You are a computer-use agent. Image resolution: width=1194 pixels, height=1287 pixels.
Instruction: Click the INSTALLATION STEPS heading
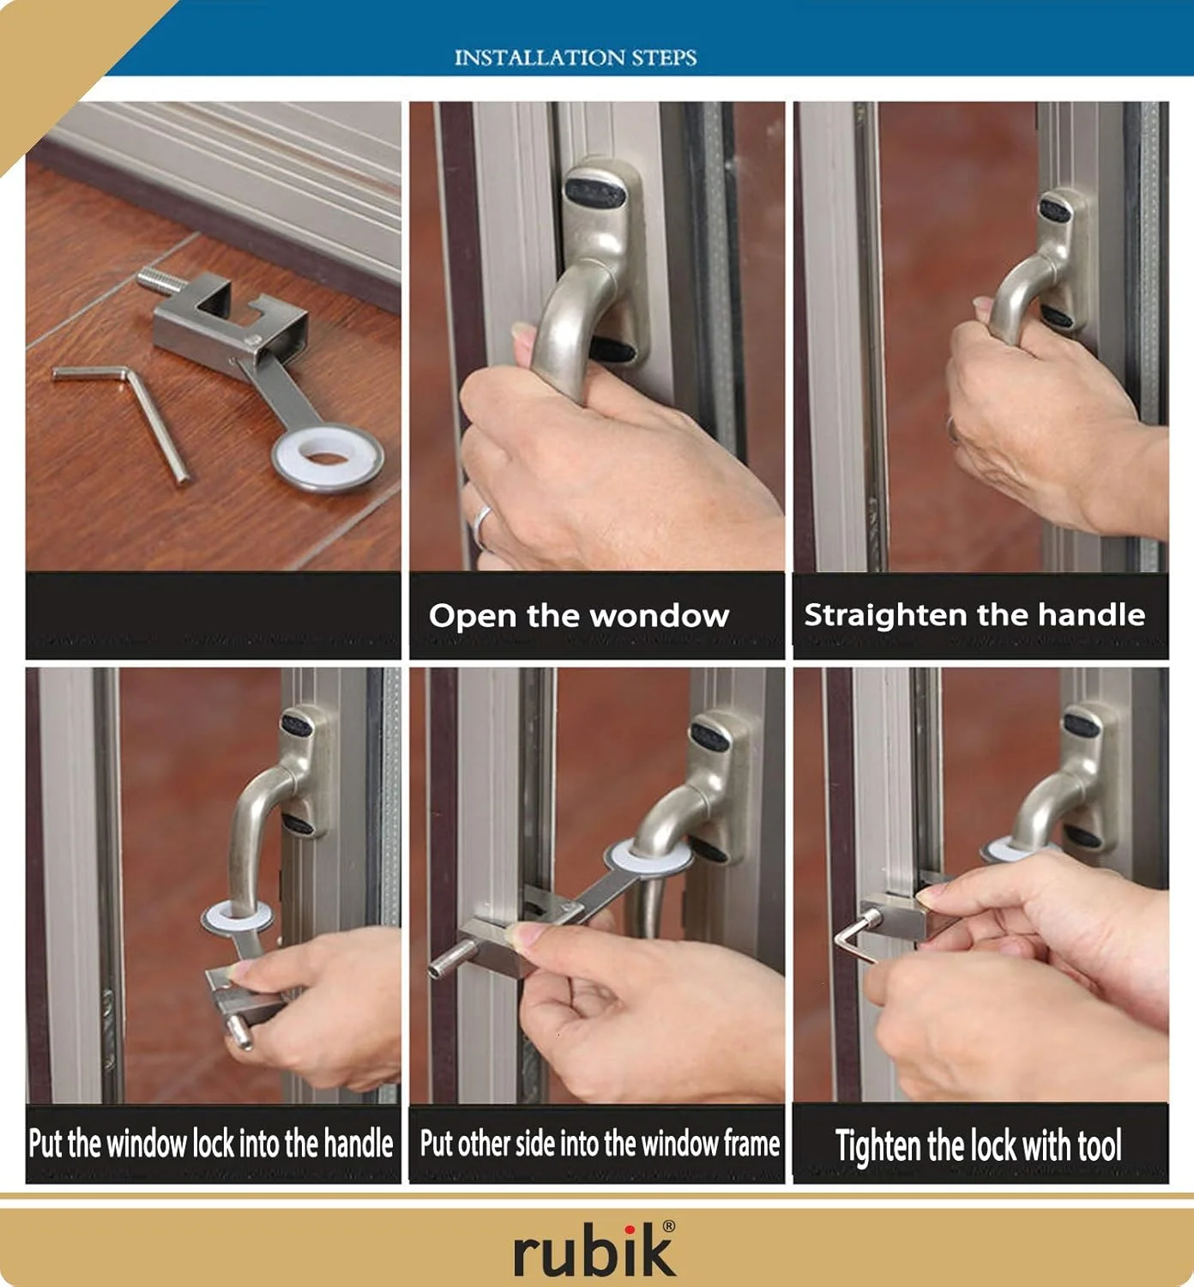pos(576,57)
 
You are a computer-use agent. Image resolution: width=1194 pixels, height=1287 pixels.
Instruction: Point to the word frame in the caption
pos(751,1143)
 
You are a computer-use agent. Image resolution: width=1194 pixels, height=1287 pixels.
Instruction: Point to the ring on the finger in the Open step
pos(482,526)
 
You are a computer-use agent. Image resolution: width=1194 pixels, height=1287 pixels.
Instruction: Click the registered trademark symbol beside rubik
pos(668,1226)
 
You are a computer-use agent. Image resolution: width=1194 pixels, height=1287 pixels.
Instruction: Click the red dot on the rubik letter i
pos(630,1230)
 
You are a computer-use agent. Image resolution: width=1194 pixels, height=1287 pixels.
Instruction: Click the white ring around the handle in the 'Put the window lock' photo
pos(236,916)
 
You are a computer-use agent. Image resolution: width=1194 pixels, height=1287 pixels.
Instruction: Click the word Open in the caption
pos(473,616)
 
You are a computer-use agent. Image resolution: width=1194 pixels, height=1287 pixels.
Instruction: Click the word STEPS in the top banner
pos(664,57)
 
